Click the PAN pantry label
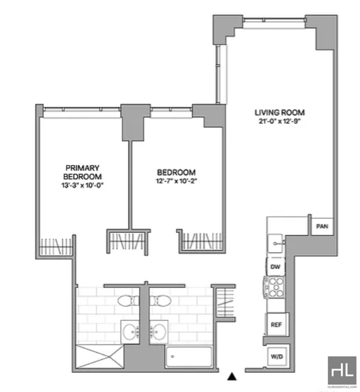pos(322,226)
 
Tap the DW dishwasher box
pos(275,267)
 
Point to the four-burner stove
pos(275,288)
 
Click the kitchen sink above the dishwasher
pos(275,244)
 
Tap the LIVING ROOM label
pos(279,112)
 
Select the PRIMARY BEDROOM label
pos(82,171)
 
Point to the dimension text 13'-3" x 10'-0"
pos(82,185)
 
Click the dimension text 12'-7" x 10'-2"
pos(176,181)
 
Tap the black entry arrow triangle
pos(232,376)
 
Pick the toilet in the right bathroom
pos(160,300)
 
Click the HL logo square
pos(342,370)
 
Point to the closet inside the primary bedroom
pos(56,245)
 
